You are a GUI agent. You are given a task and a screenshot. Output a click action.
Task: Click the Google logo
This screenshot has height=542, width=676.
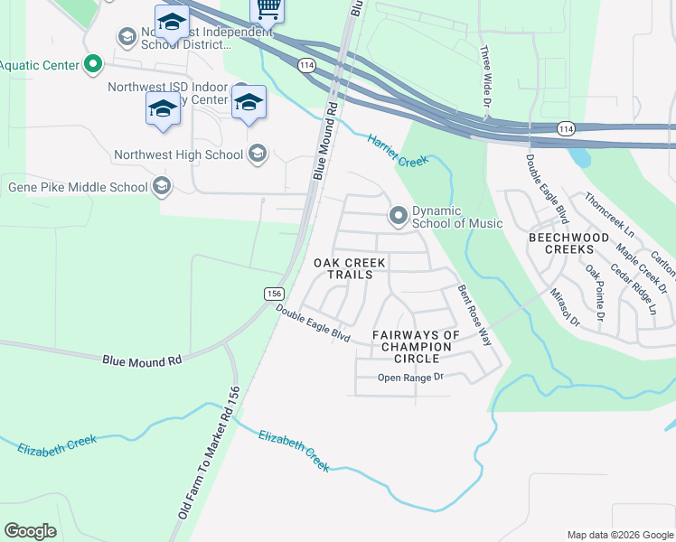tap(30, 531)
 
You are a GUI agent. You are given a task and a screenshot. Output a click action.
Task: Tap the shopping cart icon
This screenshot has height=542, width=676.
tap(267, 9)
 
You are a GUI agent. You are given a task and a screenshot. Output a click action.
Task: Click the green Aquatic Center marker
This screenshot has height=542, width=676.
tap(92, 63)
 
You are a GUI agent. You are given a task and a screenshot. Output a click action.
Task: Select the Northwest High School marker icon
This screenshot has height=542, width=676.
tap(258, 154)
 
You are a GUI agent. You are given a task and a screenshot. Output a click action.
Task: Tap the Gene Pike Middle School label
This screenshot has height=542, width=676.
tap(78, 188)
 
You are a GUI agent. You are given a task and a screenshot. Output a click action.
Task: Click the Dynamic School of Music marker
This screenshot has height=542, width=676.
tap(398, 216)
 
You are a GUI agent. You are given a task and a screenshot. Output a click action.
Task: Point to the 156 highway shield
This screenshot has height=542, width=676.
tap(275, 294)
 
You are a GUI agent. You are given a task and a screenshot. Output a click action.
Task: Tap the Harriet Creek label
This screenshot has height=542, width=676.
tap(397, 150)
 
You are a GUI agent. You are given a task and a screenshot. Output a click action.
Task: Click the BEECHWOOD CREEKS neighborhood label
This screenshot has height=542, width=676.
tap(569, 242)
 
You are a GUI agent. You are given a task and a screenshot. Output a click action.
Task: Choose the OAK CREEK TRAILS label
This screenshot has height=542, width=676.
tap(349, 268)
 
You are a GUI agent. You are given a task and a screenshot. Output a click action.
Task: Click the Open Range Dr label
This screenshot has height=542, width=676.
tap(411, 378)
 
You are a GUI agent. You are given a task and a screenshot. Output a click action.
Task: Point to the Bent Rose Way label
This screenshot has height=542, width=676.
tap(474, 315)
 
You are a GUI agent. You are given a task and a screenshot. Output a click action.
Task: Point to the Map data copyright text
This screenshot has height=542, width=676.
tap(620, 535)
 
